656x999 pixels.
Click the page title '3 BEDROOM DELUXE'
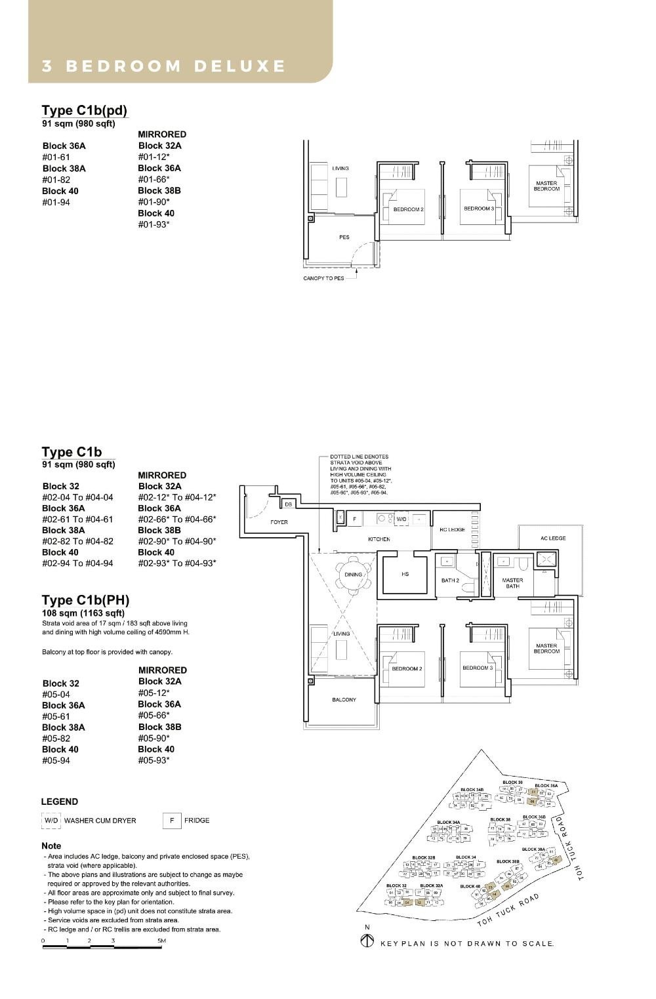coord(164,66)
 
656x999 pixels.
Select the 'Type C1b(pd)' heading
coord(84,110)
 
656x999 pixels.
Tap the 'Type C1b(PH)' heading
coord(85,600)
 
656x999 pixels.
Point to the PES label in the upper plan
coord(344,237)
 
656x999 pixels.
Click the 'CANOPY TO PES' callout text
coord(323,278)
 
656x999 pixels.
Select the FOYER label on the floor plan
coord(279,522)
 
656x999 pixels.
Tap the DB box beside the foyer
coord(288,504)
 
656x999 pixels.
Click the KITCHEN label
coord(379,539)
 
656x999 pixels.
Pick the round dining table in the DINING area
coord(353,575)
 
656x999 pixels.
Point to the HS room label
coord(405,574)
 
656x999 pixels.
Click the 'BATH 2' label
coord(450,581)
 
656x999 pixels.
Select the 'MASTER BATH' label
coord(512,583)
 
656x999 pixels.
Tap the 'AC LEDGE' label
coord(552,539)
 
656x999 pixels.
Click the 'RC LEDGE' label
coord(452,529)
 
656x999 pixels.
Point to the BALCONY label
coord(344,700)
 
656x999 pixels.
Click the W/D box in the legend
coord(51,821)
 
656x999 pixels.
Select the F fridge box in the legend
coord(171,821)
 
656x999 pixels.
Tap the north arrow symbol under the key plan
coord(367,941)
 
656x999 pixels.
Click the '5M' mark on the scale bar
coord(161,941)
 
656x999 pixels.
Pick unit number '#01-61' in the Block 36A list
coord(56,157)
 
